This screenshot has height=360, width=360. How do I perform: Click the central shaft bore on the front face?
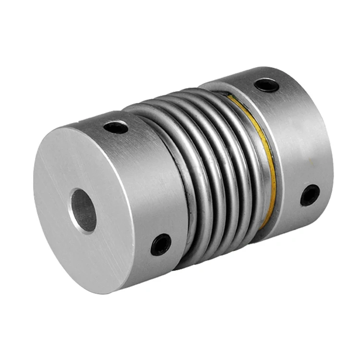coord(83,210)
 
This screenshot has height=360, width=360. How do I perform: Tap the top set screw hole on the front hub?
coord(116,127)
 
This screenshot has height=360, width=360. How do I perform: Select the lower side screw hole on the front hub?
coord(161,244)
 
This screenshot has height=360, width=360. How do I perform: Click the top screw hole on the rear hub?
coord(266,85)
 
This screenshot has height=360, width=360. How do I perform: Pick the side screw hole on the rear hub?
coord(310,195)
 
